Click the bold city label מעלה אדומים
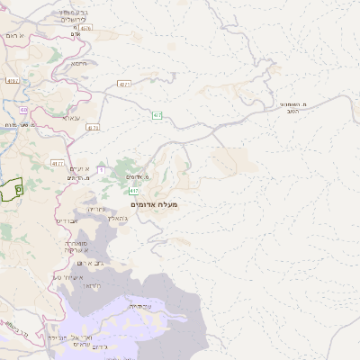coord(154,205)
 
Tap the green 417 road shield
coord(134,192)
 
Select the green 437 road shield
coord(157,115)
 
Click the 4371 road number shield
coord(124,84)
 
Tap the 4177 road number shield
coord(58,164)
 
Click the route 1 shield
coord(101,169)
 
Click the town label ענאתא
coord(72,118)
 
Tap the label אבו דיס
coord(67,220)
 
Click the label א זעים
coord(79,170)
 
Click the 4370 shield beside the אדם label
coord(86,28)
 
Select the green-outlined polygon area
coord(12,189)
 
